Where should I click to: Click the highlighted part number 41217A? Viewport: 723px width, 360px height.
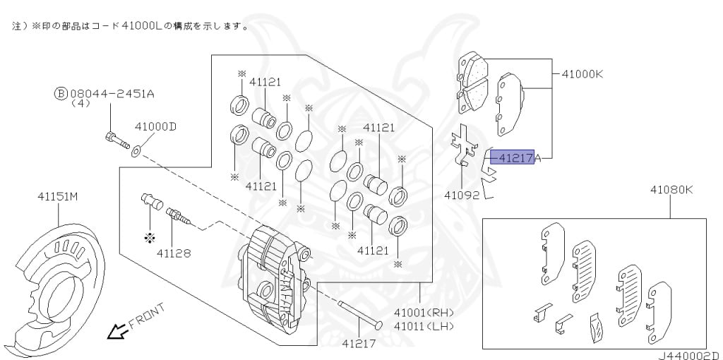(515, 158)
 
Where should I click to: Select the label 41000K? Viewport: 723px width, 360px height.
(582, 73)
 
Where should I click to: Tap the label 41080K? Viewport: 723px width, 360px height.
(671, 190)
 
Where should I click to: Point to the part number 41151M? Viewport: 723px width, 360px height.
(57, 197)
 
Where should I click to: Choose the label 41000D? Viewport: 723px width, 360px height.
(155, 127)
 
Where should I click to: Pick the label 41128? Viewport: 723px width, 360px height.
(174, 252)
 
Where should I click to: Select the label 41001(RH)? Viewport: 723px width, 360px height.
(424, 313)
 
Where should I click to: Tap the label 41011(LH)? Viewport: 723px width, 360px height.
(424, 325)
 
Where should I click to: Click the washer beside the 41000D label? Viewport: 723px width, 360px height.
(136, 149)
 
